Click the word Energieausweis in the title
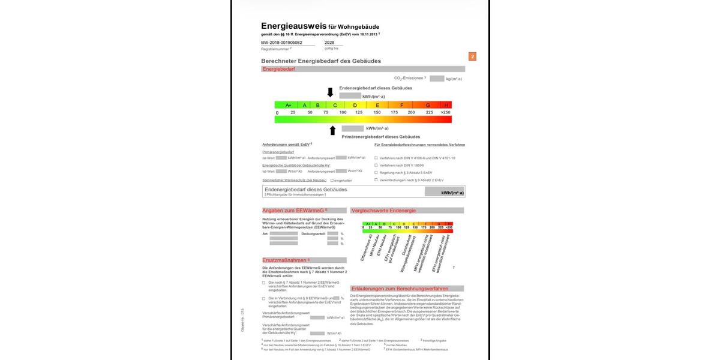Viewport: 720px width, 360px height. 293,26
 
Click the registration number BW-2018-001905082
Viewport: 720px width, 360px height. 281,43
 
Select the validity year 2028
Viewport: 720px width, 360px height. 329,43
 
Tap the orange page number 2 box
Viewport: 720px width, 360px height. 472,56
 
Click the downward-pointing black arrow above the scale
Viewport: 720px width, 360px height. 330,92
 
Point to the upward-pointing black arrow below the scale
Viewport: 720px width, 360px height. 332,130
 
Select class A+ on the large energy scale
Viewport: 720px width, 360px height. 287,105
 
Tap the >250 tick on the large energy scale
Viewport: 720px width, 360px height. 445,112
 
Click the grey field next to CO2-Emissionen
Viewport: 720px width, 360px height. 437,79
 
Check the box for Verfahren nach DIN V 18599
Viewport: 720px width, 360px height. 376,165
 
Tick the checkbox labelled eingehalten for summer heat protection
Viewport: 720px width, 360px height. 332,180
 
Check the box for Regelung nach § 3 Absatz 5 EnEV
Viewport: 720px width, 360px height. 376,172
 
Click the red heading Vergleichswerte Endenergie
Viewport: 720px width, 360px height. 383,211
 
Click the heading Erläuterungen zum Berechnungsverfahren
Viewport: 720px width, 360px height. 398,289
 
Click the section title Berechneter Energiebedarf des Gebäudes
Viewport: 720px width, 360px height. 321,61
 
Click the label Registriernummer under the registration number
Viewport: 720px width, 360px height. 275,49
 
